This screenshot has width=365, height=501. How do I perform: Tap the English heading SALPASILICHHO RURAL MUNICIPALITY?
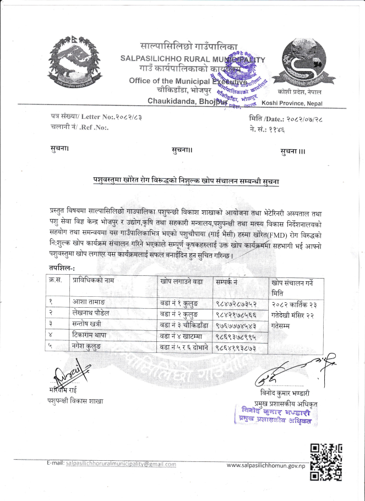193,59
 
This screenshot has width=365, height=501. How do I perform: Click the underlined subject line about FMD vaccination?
186,181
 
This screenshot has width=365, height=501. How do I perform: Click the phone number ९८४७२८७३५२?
237,302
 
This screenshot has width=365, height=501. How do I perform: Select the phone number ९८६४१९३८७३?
237,347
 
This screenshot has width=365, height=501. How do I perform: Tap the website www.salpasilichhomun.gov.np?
266,466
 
